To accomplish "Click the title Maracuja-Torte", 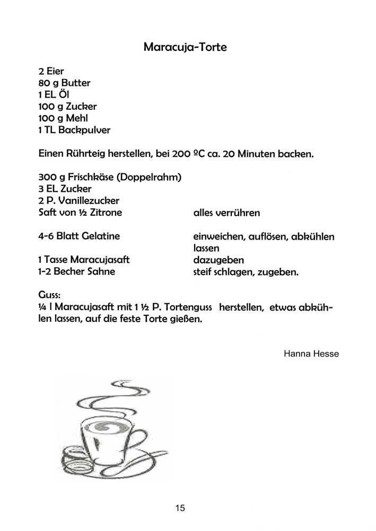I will pos(185,47).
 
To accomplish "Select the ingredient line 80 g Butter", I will pos(64,83).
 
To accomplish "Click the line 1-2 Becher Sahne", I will pos(76,272).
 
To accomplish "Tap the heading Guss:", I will pos(50,295).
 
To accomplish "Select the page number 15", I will pos(180,508).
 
